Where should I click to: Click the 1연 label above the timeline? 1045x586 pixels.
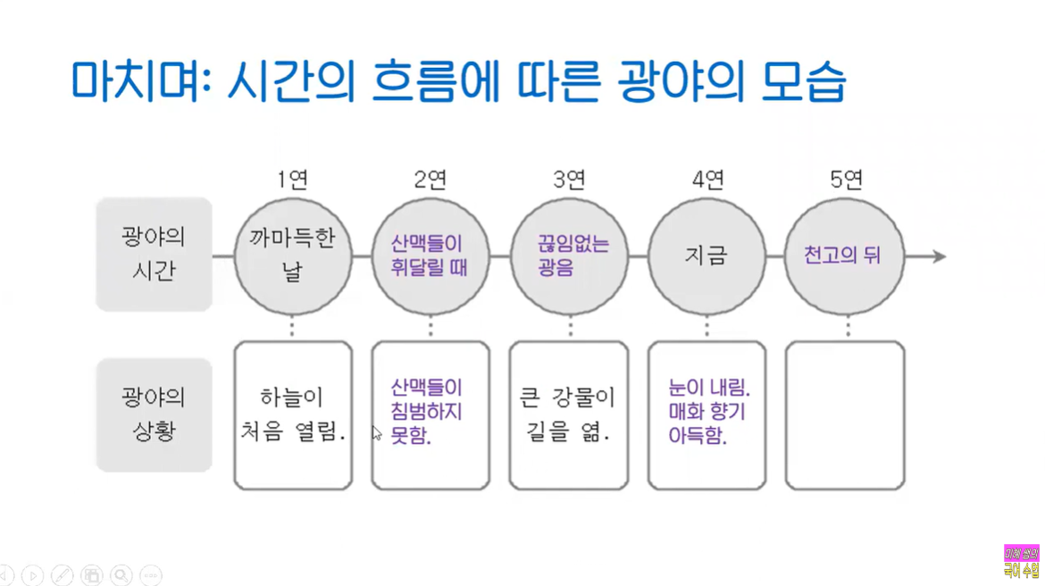point(293,180)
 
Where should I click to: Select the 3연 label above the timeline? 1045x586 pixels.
point(569,180)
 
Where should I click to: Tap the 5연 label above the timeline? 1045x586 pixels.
point(846,180)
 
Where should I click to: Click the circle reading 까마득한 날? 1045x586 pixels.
point(293,256)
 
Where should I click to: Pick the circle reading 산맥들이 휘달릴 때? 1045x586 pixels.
point(431,256)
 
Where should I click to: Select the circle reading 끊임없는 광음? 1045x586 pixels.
point(569,256)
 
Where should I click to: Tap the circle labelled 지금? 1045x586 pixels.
point(706,256)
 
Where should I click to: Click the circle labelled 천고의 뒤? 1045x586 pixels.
point(844,256)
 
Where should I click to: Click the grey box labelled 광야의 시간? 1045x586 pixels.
point(154,255)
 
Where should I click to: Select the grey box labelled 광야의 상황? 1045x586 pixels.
point(154,414)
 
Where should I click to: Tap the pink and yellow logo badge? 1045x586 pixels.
point(1021,562)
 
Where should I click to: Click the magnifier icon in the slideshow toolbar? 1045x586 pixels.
point(121,575)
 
